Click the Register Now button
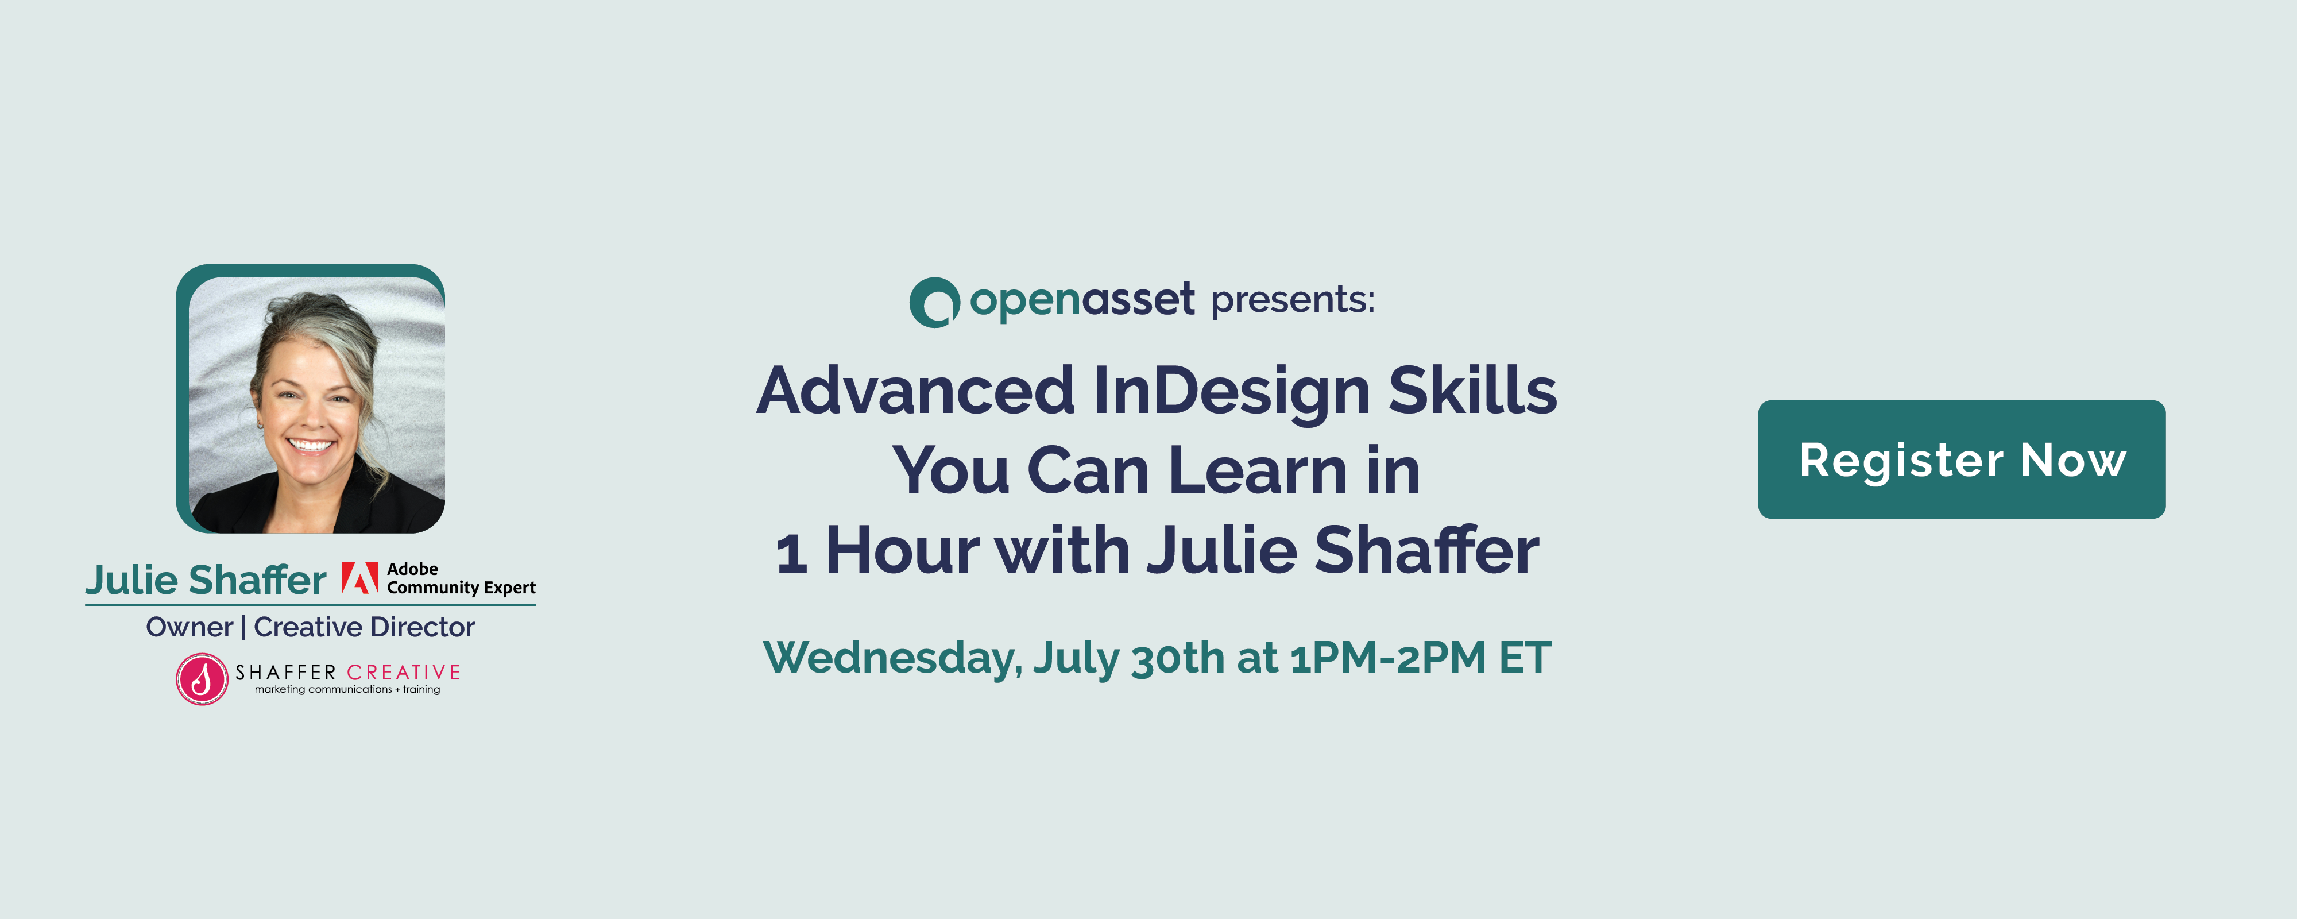pos(1961,459)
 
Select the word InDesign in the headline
pos(1231,392)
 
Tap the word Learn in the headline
pos(1257,470)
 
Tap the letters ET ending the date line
pos(1525,658)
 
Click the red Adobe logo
pos(360,578)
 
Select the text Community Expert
pos(461,588)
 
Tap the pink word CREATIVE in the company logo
pos(403,673)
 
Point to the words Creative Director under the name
pos(364,627)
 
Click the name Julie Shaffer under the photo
pos(206,580)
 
